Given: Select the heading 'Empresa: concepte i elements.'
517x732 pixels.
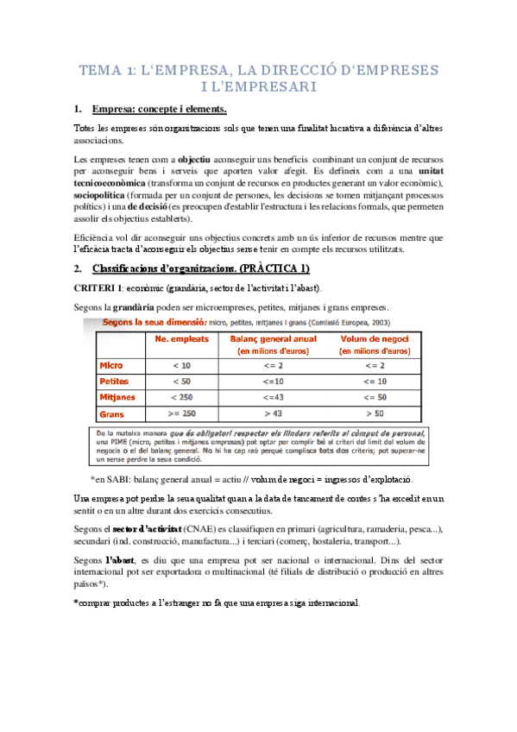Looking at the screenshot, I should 160,110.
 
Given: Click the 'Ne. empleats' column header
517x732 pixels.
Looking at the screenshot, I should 182,339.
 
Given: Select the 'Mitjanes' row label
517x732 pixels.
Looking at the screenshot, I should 118,397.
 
